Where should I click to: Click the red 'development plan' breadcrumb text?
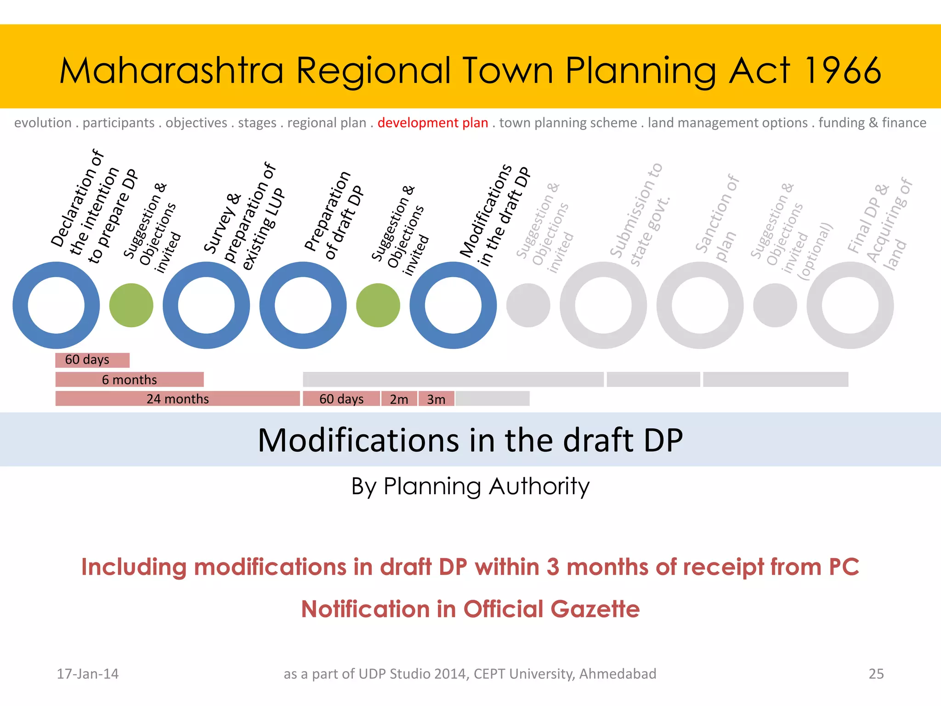point(432,123)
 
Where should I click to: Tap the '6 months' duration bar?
point(129,380)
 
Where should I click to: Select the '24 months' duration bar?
point(177,399)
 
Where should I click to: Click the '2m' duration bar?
point(399,399)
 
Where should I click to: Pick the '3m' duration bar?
point(436,399)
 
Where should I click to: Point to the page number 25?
point(876,674)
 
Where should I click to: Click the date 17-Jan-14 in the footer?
point(87,674)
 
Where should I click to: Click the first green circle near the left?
point(131,305)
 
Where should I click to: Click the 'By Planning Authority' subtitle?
point(470,486)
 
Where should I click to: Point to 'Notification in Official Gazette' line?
point(470,609)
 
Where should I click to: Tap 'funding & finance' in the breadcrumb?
point(872,123)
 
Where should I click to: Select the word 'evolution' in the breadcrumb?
point(43,123)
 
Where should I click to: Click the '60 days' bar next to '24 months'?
point(341,399)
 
